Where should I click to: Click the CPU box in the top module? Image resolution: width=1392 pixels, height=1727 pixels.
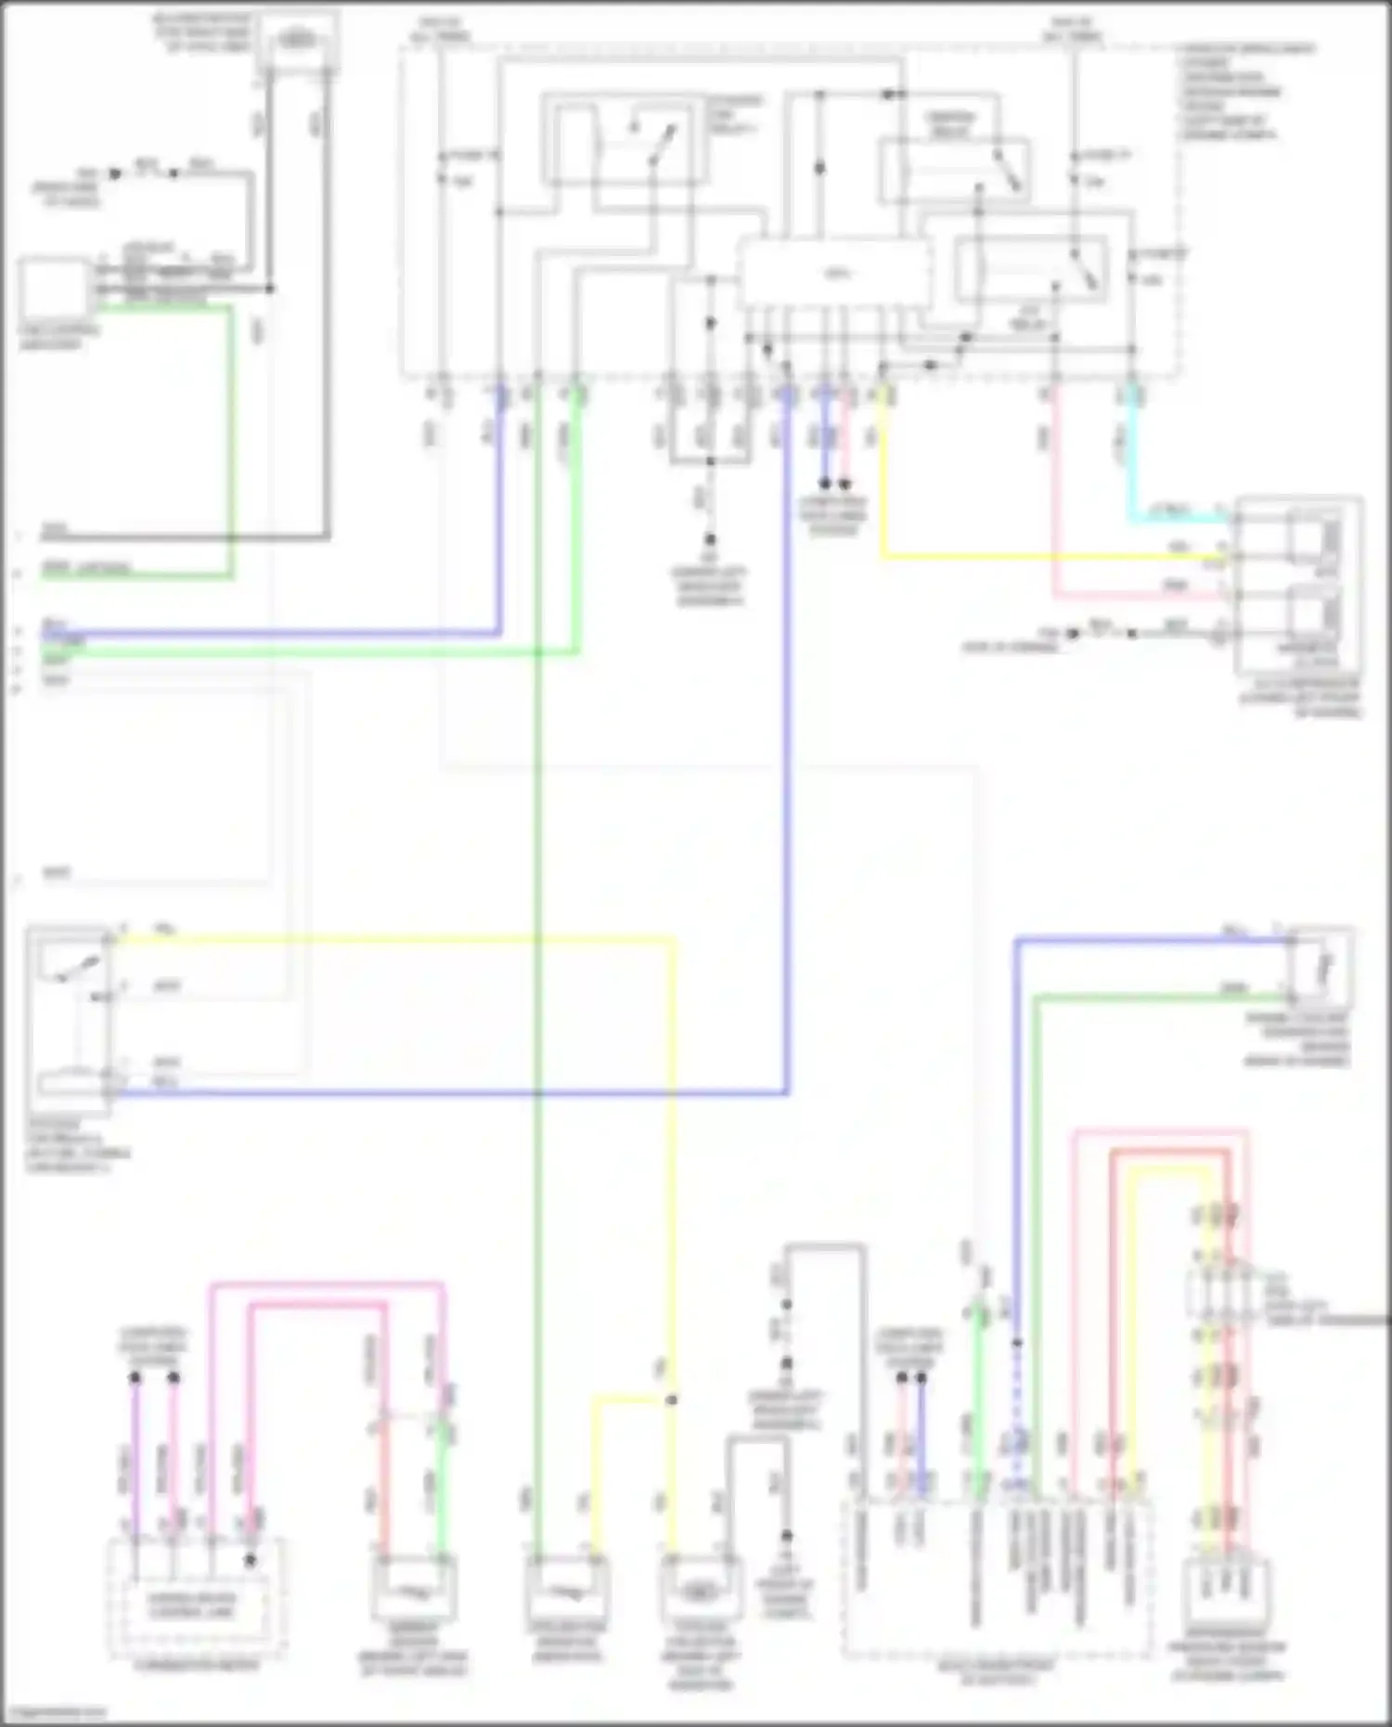pos(834,274)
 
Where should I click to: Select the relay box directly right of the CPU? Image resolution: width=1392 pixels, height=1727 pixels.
pos(1030,269)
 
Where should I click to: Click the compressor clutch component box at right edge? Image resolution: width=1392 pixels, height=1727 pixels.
pos(1299,585)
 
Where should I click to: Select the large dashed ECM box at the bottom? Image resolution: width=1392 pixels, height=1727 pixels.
pos(998,1578)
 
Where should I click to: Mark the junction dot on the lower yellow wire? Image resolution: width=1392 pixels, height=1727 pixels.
pos(671,1399)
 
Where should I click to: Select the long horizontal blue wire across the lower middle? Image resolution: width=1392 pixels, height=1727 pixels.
pos(445,1094)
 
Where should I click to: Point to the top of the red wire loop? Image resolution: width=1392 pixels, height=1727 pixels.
pos(1169,1153)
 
